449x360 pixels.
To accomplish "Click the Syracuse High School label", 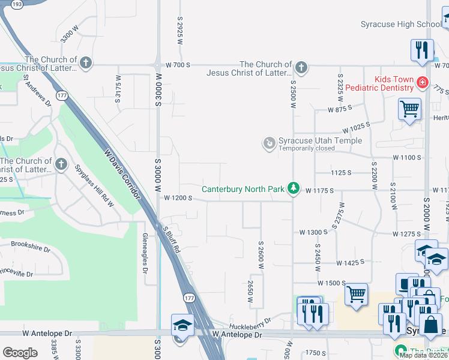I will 400,25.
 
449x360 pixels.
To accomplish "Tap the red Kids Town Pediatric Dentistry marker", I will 423,83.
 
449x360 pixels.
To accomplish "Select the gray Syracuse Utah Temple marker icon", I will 270,143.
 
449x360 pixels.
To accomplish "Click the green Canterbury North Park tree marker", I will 293,188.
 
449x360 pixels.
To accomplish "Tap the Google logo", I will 20,352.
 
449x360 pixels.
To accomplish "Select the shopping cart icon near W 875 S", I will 409,110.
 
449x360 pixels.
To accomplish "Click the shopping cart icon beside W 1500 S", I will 356,295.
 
